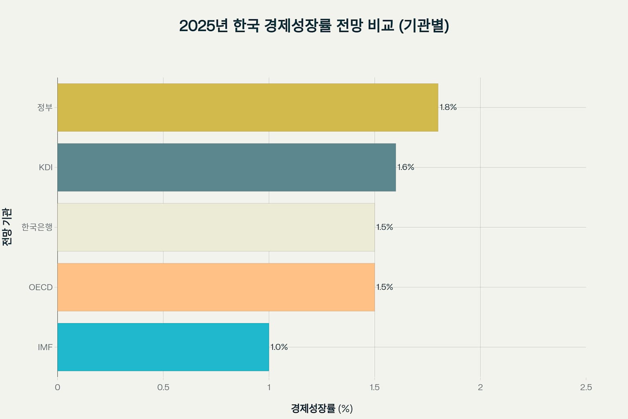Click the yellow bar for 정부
248,108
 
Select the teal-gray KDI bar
227,167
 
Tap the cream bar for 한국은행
216,227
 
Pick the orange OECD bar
216,287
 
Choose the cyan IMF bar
163,347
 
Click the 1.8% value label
448,107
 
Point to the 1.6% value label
406,167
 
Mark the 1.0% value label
279,347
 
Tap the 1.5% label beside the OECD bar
384,287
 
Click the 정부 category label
45,108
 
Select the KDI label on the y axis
46,167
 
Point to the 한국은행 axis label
37,227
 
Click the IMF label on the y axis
45,347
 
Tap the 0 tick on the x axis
58,387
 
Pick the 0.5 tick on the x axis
163,387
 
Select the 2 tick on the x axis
480,387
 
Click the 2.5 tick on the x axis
586,387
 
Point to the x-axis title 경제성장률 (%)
322,408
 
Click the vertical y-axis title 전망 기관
7,227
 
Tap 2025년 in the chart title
203,26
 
